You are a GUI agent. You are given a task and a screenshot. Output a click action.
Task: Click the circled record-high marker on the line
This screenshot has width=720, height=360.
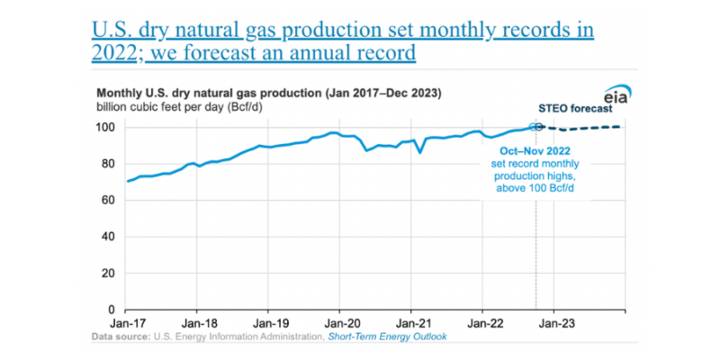[536, 127]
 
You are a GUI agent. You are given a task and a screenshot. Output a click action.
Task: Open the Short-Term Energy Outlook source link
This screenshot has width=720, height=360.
[389, 337]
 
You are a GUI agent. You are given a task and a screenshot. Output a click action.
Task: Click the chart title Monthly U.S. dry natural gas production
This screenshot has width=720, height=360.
[270, 93]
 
